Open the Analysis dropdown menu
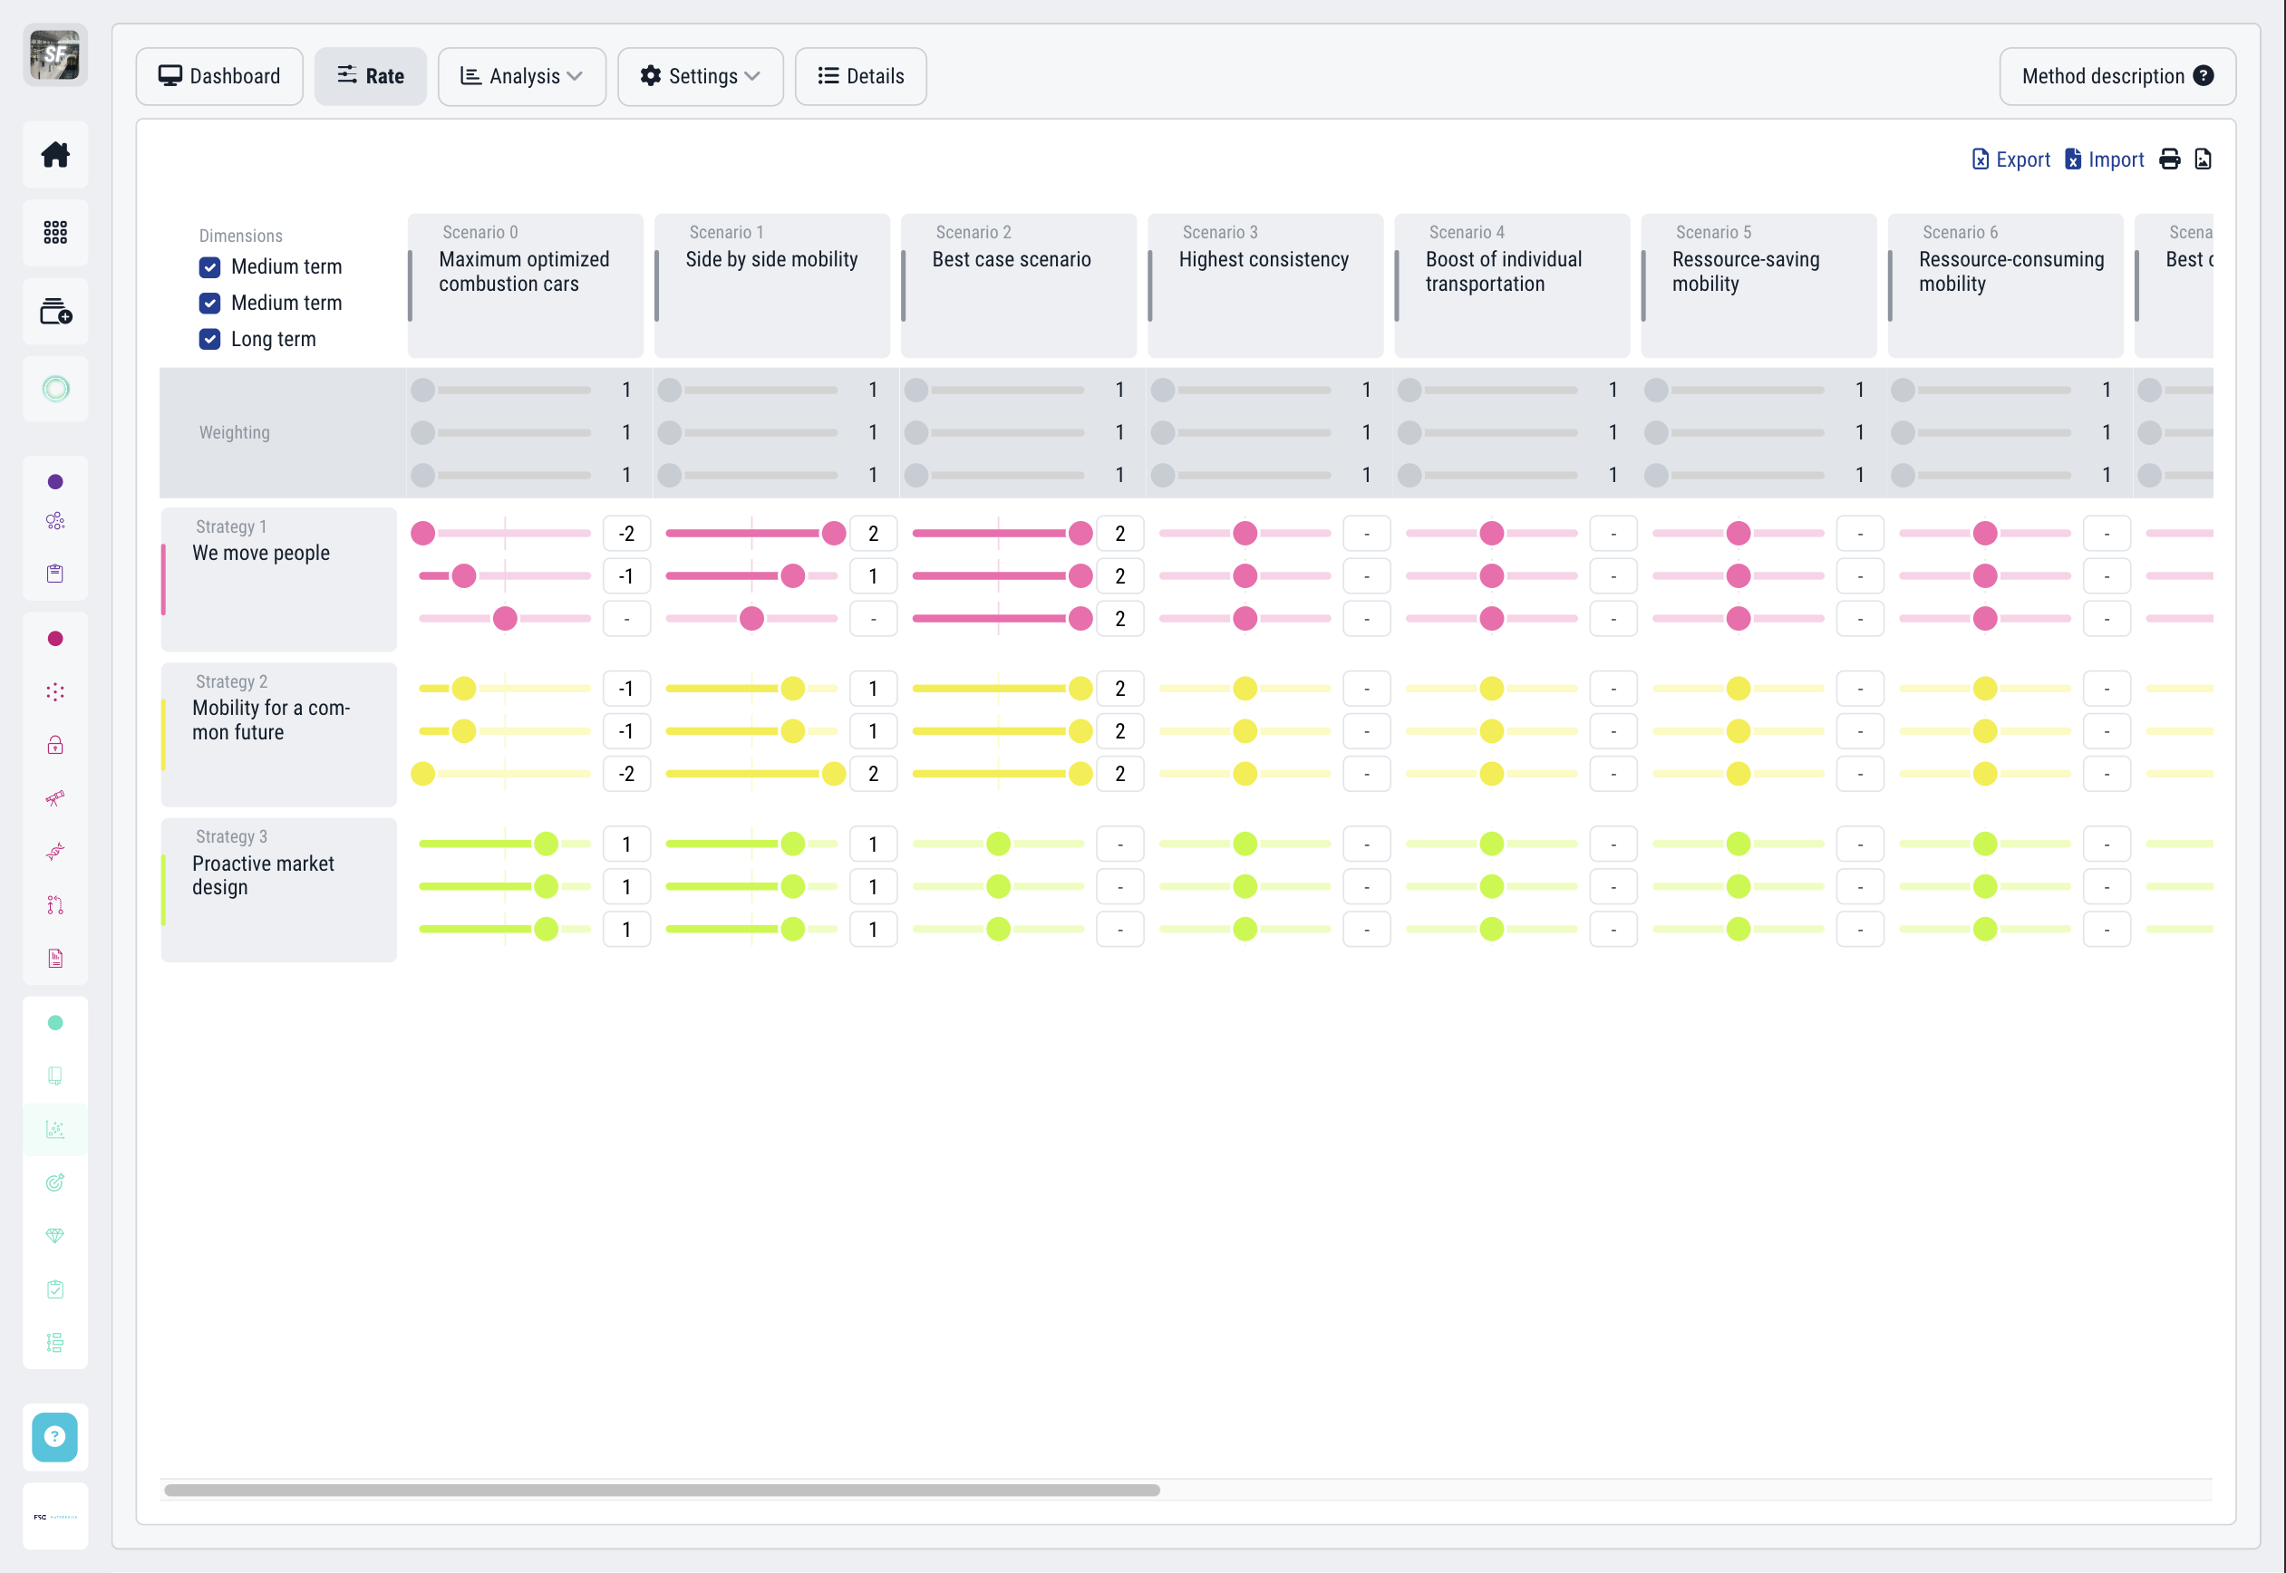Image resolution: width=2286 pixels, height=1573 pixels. pos(521,76)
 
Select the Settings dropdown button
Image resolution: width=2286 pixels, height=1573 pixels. pos(700,76)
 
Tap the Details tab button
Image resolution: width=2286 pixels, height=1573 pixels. pos(860,76)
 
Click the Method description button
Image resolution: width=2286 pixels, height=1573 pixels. pos(2116,76)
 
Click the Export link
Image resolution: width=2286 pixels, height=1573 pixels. pos(2011,159)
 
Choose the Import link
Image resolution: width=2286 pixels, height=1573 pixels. pos(2105,159)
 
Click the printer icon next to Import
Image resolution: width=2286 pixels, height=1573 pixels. pos(2170,159)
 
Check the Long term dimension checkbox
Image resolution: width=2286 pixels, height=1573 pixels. pos(210,339)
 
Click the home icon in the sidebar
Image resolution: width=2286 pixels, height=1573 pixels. pos(55,155)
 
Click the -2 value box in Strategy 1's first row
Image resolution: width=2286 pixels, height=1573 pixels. pos(626,533)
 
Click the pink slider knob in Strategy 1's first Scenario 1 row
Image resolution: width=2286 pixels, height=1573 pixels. pos(834,533)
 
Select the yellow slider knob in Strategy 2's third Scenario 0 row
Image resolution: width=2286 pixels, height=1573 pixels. pos(423,774)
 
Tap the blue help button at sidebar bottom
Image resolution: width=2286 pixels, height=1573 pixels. pos(55,1436)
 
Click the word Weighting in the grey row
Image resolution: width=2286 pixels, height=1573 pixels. pos(234,433)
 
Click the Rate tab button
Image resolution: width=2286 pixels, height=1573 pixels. pos(371,76)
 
